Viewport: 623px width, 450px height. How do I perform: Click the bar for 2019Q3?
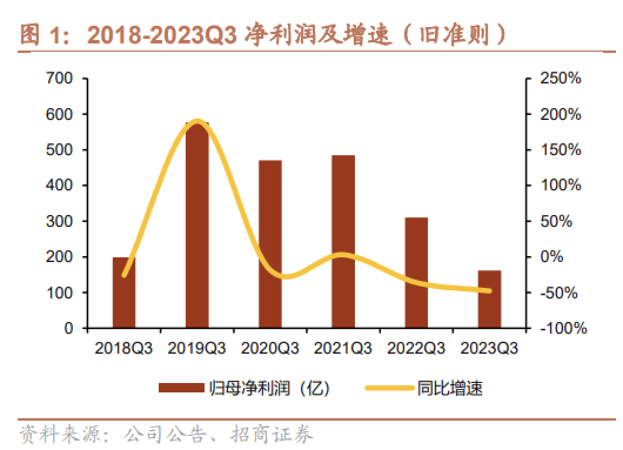pyautogui.click(x=197, y=229)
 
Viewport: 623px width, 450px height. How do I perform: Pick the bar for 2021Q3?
pyautogui.click(x=343, y=241)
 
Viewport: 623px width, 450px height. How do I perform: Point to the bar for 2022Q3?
pyautogui.click(x=416, y=273)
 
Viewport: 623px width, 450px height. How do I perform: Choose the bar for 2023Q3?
pyautogui.click(x=489, y=299)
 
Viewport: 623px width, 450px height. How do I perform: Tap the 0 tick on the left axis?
pyautogui.click(x=68, y=328)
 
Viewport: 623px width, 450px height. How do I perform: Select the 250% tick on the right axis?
pyautogui.click(x=562, y=78)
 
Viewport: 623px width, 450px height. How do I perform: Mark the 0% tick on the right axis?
pyautogui.click(x=553, y=257)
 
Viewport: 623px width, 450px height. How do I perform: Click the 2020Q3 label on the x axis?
pyautogui.click(x=270, y=348)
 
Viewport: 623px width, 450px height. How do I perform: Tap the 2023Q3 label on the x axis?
pyautogui.click(x=489, y=348)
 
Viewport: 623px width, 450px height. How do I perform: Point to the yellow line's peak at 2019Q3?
pyautogui.click(x=197, y=122)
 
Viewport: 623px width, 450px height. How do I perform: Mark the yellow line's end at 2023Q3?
pyautogui.click(x=489, y=290)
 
